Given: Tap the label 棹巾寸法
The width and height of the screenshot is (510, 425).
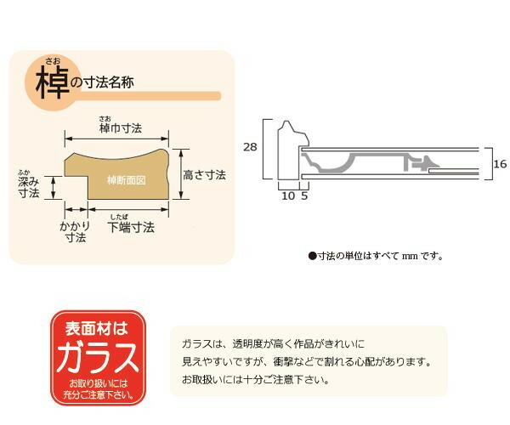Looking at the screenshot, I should coord(120,128).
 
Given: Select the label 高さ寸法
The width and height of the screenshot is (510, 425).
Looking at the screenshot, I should coord(204,175).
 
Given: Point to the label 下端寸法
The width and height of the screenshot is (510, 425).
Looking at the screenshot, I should coord(132,229).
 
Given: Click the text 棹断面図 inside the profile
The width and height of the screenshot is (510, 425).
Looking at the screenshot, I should coord(127,180).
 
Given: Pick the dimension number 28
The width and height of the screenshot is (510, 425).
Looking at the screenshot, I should coord(249,147).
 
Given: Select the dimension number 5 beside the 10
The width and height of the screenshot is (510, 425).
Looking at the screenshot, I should coord(304,195).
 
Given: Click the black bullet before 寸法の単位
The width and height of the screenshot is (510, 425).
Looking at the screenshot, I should coord(311,255).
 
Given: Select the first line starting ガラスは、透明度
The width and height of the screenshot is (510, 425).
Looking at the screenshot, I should coord(272,343).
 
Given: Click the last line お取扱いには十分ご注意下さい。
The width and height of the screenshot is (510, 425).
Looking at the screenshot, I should coord(256,379).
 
